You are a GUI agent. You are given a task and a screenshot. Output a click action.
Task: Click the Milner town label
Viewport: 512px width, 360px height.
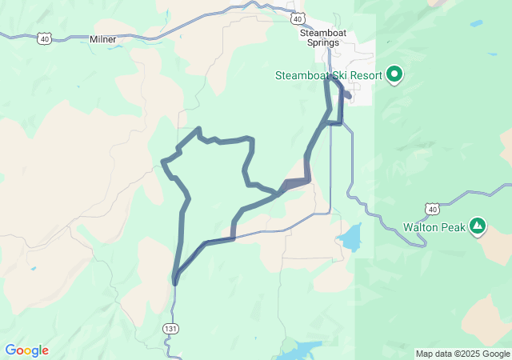tap(103, 38)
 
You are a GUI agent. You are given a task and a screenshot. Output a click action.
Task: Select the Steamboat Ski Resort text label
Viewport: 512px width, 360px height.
tap(328, 76)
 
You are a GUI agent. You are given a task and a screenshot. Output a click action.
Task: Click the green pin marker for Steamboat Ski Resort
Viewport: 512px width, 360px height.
tap(394, 75)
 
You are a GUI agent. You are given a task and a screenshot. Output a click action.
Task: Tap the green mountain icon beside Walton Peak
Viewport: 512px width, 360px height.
tap(478, 226)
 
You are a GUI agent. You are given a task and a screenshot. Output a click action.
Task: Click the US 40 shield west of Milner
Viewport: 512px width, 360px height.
tap(44, 38)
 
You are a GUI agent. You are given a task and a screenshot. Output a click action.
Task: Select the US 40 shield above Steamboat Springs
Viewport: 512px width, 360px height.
tap(297, 18)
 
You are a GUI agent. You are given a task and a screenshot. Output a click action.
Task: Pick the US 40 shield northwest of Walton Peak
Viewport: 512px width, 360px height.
tap(432, 209)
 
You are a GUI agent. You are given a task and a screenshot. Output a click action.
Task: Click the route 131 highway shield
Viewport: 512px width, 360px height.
tap(170, 329)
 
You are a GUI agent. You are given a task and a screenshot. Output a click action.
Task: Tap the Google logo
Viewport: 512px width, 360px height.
tap(26, 350)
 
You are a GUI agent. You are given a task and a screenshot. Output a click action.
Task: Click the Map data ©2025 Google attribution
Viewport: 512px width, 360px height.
tap(462, 354)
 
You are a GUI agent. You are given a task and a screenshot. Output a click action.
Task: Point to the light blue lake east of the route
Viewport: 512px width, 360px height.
tap(350, 238)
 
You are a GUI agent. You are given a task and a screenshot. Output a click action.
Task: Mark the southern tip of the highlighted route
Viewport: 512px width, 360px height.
tap(174, 282)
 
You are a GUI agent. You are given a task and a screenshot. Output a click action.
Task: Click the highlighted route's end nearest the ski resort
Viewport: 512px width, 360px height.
tap(347, 94)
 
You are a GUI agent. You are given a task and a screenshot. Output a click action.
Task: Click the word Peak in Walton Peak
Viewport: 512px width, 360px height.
tap(454, 226)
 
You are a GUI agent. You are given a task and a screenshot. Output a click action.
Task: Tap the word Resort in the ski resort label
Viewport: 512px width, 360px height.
tap(363, 76)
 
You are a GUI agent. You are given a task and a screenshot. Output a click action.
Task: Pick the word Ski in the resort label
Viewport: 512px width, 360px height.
tap(335, 76)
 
